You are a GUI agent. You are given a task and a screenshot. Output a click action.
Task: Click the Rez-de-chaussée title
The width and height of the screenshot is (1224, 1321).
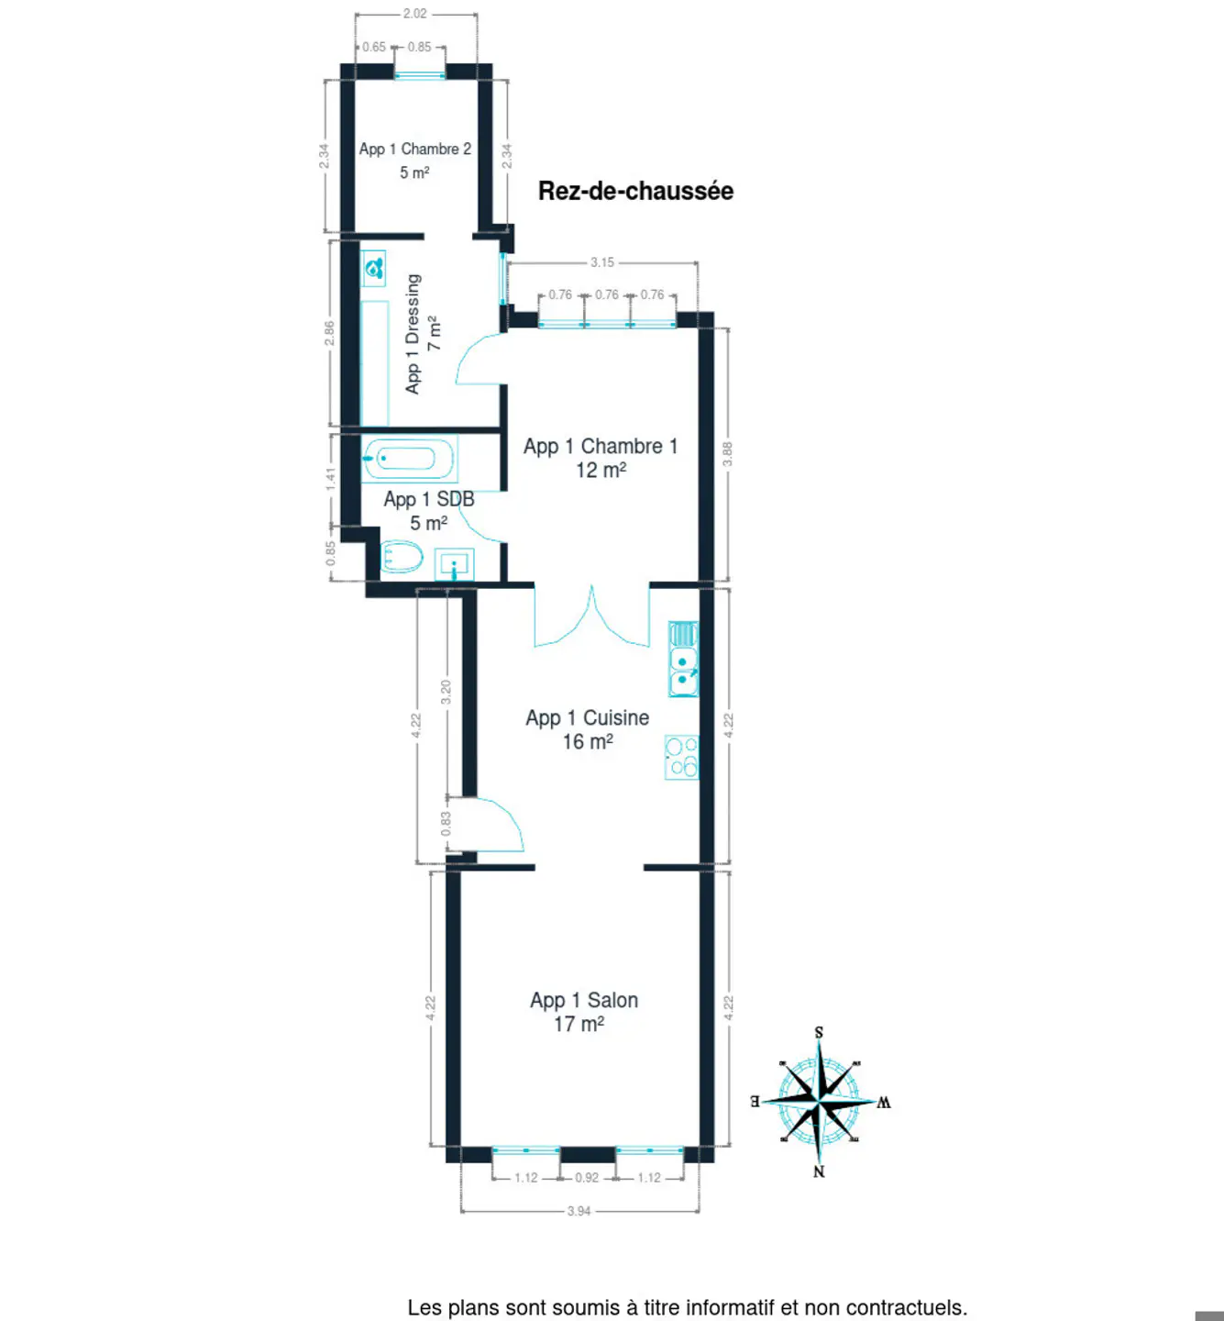click(x=635, y=191)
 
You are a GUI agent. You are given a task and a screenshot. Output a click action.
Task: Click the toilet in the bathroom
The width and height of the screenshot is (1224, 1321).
click(x=402, y=557)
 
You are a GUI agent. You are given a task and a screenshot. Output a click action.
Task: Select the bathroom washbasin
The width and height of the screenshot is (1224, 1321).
click(x=454, y=564)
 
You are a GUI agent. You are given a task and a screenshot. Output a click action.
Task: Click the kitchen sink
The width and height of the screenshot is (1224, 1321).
click(x=683, y=659)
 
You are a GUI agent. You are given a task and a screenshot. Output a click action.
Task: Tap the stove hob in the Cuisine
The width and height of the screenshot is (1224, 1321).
click(x=681, y=757)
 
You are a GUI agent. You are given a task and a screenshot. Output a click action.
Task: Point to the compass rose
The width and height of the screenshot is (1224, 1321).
click(x=820, y=1102)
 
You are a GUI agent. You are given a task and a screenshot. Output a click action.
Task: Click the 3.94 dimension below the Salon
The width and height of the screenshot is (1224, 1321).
click(x=579, y=1211)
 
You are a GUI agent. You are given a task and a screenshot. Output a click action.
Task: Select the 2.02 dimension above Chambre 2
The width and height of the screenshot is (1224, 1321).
click(x=414, y=14)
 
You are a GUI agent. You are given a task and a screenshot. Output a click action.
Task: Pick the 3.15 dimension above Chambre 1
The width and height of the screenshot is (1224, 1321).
click(x=602, y=262)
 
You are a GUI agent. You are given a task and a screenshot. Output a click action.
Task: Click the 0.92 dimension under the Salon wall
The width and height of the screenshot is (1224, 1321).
click(x=587, y=1177)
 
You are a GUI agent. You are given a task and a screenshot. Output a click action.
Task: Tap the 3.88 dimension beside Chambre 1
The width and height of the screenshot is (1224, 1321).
click(x=727, y=454)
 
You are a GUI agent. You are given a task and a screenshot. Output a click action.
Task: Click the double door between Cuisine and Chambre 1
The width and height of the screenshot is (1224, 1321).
click(x=591, y=616)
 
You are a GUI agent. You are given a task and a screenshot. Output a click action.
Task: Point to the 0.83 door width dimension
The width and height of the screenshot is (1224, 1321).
click(x=446, y=824)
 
